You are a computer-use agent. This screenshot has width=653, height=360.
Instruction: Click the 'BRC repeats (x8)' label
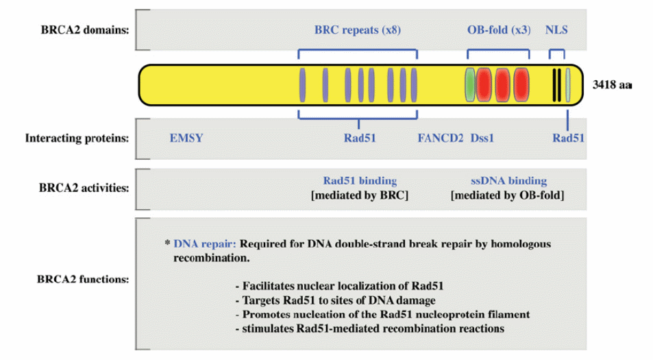(357, 31)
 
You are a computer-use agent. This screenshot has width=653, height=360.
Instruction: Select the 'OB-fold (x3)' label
(498, 31)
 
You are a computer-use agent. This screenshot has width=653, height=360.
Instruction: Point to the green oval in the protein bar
(470, 86)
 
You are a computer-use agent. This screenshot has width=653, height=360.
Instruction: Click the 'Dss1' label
(482, 138)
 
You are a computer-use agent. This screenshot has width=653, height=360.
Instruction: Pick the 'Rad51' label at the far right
(569, 138)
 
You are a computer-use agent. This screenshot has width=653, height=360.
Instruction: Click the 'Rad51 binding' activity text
(360, 181)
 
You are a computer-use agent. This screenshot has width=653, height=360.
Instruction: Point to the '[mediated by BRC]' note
(360, 195)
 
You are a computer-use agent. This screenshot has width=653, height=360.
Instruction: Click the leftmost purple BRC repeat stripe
(302, 86)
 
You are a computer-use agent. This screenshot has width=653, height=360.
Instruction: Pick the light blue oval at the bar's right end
(567, 86)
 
